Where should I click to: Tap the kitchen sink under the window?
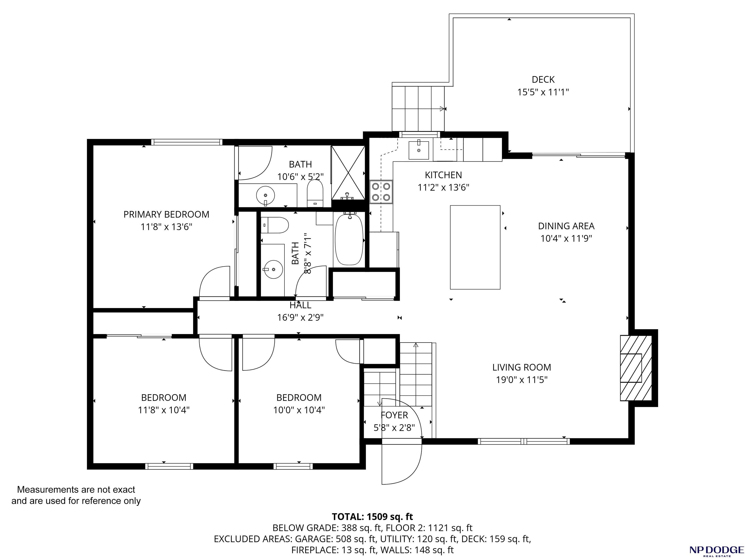click(x=419, y=150)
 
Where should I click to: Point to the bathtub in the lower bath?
click(x=349, y=239)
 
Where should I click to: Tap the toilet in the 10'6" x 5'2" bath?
click(x=315, y=193)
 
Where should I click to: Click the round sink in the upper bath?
click(x=265, y=195)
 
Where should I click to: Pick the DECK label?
click(x=543, y=80)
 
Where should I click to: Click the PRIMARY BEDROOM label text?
click(x=166, y=214)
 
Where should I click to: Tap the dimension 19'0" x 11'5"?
click(x=522, y=380)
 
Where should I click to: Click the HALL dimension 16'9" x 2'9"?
click(x=300, y=317)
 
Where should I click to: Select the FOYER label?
click(x=394, y=415)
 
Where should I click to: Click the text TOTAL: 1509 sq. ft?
click(x=372, y=517)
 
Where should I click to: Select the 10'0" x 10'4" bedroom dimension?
click(x=299, y=410)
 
